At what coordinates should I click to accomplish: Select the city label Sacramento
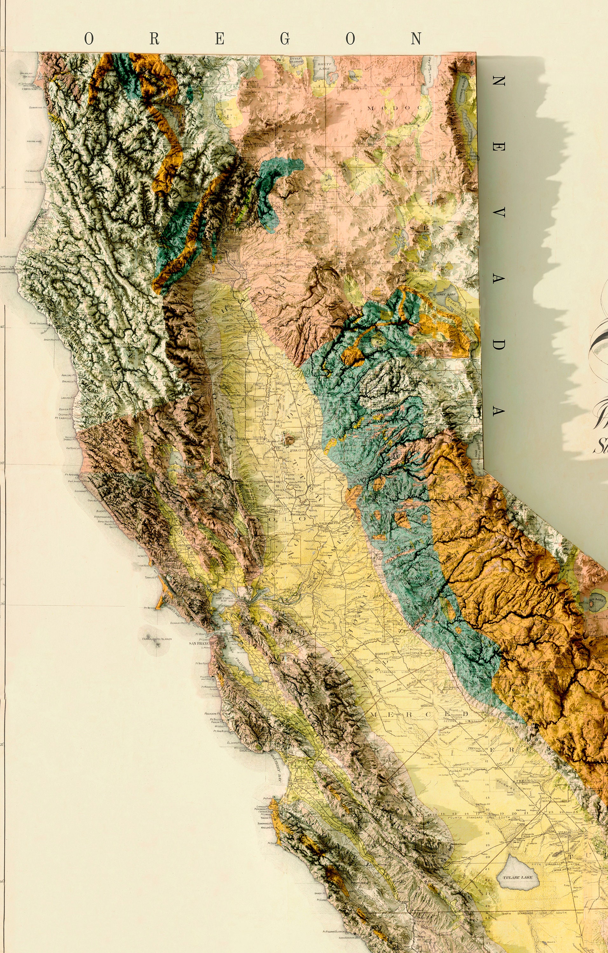pyautogui.click(x=329, y=523)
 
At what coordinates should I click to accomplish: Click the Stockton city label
pyautogui.click(x=353, y=616)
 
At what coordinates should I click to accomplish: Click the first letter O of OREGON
pyautogui.click(x=89, y=39)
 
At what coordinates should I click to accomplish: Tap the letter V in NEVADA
pyautogui.click(x=498, y=213)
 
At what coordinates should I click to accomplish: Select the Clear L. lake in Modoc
pyautogui.click(x=355, y=76)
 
